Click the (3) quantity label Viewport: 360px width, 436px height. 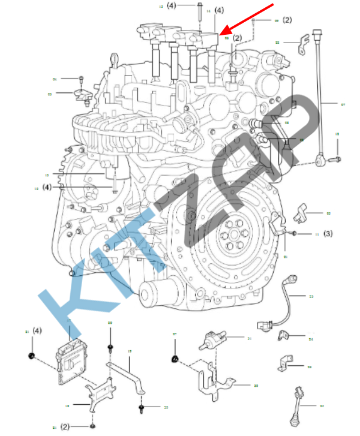tap(328, 233)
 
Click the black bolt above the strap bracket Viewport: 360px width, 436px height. tap(110, 348)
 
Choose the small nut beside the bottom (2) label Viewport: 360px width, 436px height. tap(92, 426)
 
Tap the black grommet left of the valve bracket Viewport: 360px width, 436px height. tap(175, 359)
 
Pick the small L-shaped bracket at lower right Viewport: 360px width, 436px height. tap(286, 363)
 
